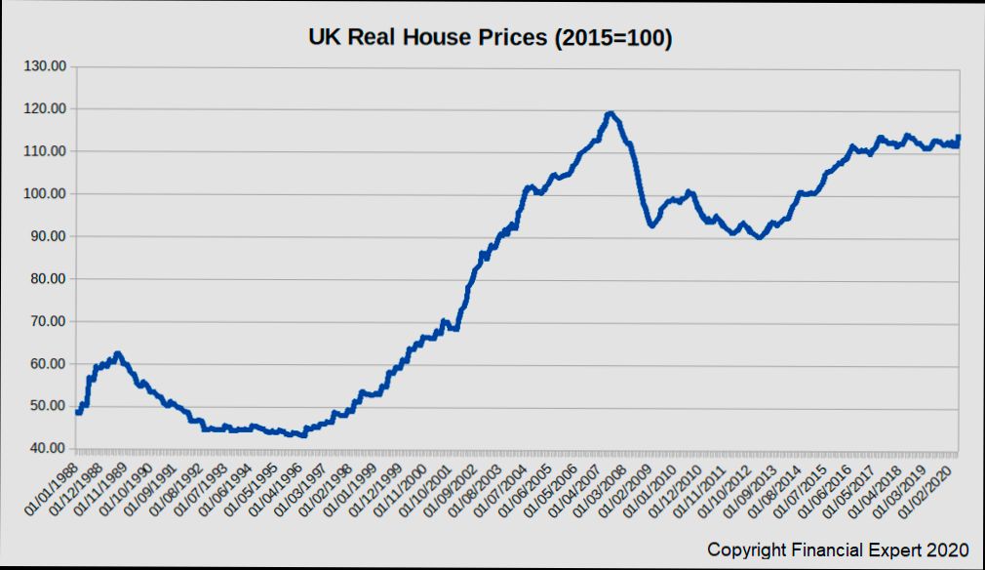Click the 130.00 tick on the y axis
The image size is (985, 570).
(45, 66)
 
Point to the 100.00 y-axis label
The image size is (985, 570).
(45, 193)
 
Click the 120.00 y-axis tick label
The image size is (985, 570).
(45, 108)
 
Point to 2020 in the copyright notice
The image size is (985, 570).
(949, 550)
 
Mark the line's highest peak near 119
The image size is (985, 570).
(611, 113)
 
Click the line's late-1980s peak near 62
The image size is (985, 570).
(117, 353)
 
